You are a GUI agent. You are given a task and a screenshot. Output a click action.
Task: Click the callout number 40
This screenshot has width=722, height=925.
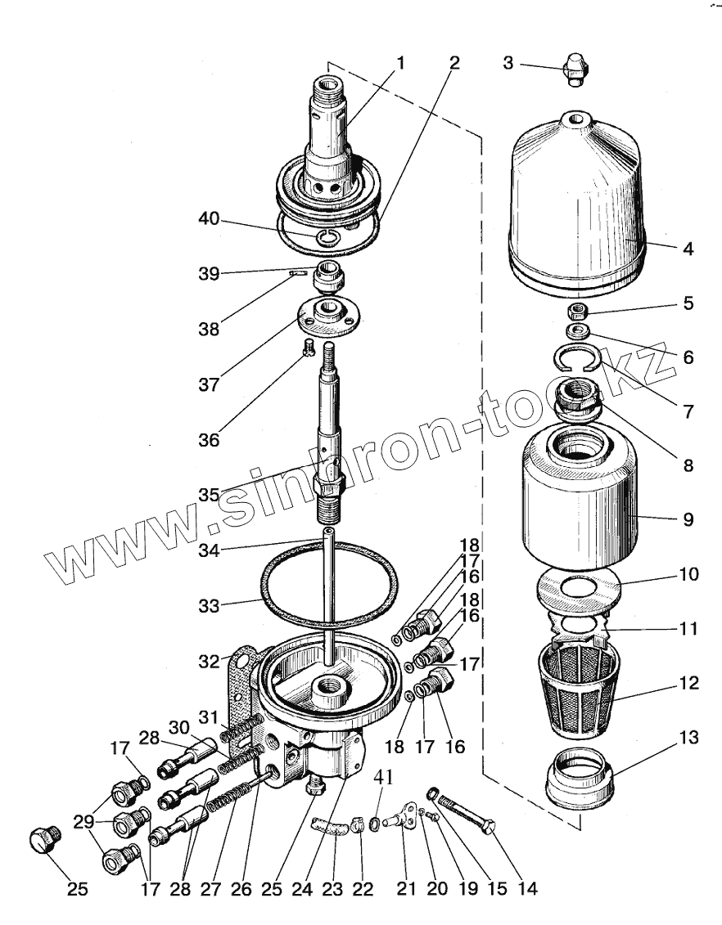pyautogui.click(x=209, y=218)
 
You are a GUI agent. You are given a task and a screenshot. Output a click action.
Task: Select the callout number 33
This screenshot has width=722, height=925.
pyautogui.click(x=209, y=606)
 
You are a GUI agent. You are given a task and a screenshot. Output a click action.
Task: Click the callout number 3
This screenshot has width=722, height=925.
pyautogui.click(x=508, y=63)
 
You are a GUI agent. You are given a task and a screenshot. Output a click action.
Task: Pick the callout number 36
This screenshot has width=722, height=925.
pyautogui.click(x=209, y=440)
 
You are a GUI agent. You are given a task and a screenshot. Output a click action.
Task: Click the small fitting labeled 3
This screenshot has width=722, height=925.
pyautogui.click(x=577, y=68)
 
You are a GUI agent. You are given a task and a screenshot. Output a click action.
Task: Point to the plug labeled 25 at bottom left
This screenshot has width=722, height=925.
pyautogui.click(x=43, y=839)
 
